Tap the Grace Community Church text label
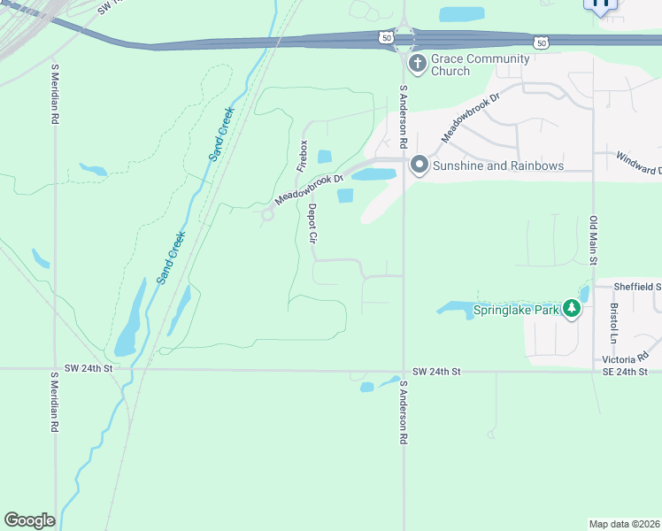click(480, 65)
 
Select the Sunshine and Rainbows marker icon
click(418, 165)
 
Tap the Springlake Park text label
click(516, 310)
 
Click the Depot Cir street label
click(312, 223)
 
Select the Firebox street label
click(301, 155)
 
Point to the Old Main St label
click(594, 239)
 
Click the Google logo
click(29, 520)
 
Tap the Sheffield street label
click(640, 287)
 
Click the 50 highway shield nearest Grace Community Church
click(385, 37)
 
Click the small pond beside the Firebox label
click(325, 157)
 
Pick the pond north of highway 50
click(462, 14)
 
